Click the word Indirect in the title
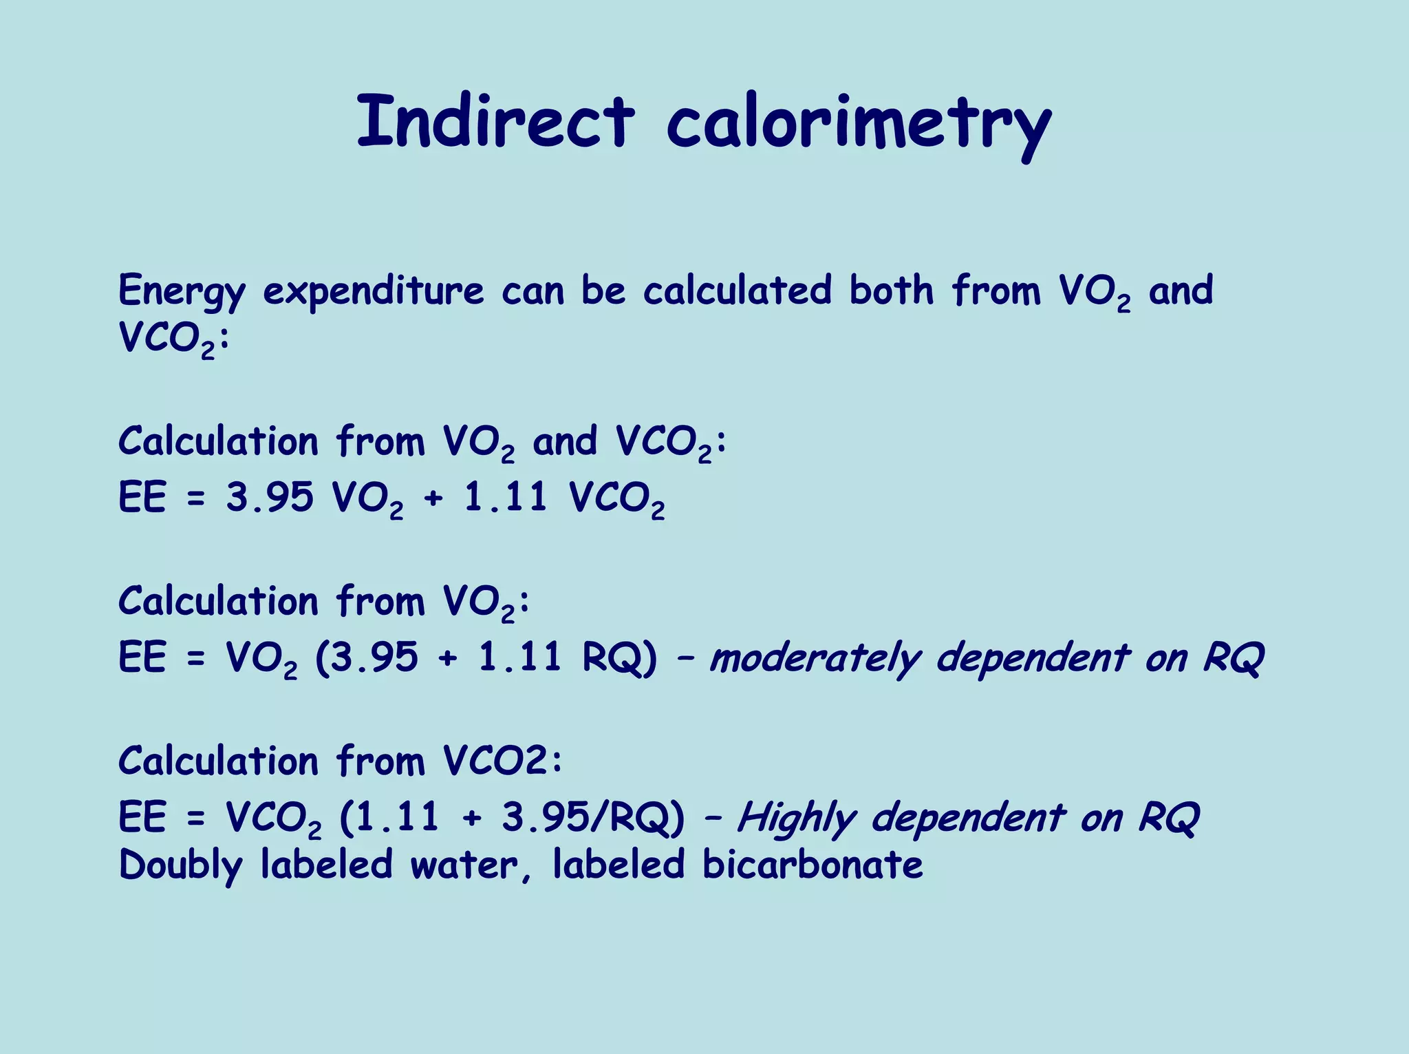point(495,122)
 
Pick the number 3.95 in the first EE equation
point(270,497)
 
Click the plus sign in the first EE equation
point(433,498)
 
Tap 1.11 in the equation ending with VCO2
point(506,497)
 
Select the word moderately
point(815,658)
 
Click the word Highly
point(797,819)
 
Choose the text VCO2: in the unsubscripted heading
point(502,761)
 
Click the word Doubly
point(181,866)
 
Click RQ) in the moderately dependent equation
point(620,657)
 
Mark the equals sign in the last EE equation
point(196,819)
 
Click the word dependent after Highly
point(968,819)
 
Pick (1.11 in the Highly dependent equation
point(389,818)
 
